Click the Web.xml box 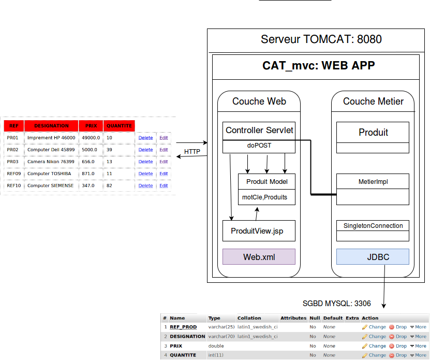259,257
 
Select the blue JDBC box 373,257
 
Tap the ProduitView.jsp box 259,231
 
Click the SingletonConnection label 373,226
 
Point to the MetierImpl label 373,182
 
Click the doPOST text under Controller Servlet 259,146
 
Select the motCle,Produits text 264,197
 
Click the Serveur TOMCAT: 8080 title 321,40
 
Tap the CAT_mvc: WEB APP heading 318,66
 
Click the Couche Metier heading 373,102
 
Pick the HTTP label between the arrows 192,152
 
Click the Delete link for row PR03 145,162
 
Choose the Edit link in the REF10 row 164,185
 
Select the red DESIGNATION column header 51,126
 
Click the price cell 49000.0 91,138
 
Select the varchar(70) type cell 221,337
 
